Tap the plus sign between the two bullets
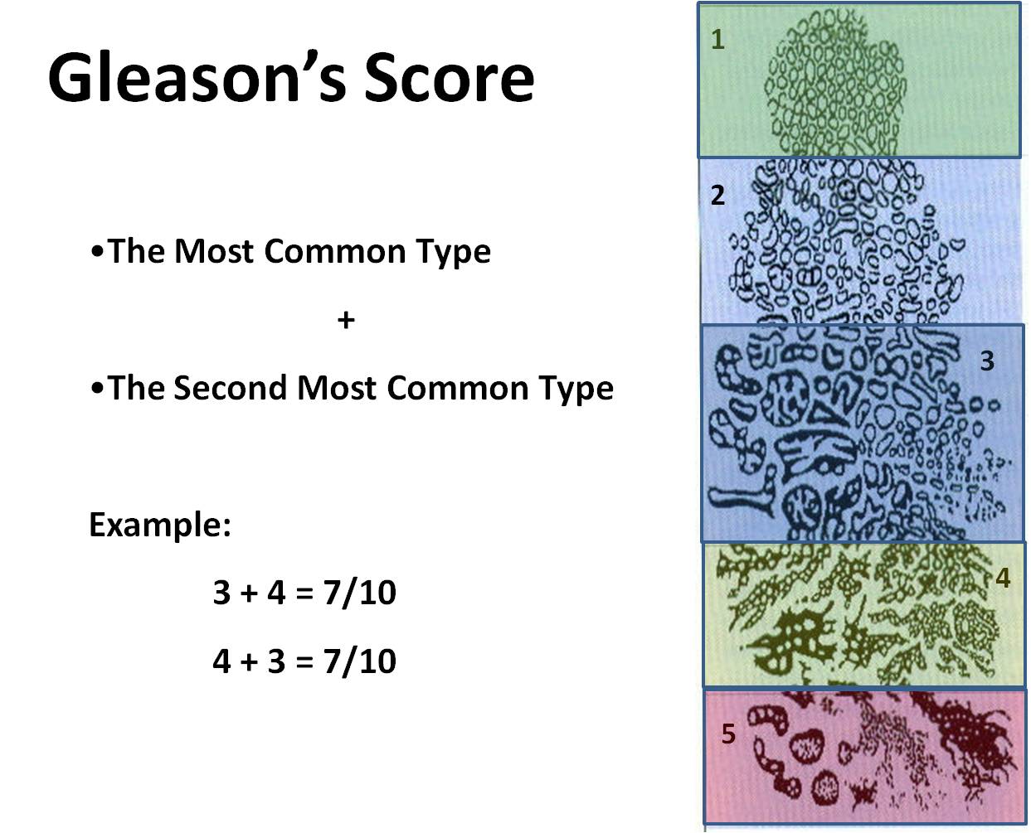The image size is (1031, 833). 346,320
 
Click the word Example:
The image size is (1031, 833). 160,525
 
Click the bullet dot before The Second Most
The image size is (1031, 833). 97,389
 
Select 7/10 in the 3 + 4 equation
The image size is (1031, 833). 360,593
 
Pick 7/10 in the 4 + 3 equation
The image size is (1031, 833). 360,661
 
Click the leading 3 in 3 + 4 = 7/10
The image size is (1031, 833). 221,593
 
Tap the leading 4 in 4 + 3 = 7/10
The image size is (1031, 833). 221,661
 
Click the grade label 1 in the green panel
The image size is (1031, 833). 718,40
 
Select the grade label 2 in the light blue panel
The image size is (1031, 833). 717,196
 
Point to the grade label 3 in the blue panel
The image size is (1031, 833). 987,361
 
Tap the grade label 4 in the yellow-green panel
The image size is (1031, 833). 1003,577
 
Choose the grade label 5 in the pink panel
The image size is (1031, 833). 728,734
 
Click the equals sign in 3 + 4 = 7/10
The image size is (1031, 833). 304,593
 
